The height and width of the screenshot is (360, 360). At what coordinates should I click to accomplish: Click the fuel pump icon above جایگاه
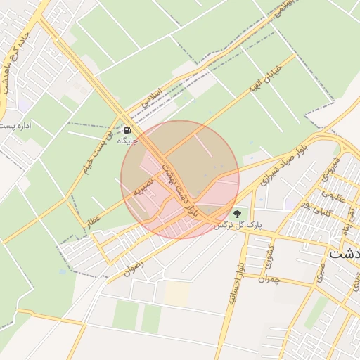[127, 130]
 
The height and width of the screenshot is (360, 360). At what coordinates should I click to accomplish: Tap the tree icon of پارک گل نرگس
[237, 213]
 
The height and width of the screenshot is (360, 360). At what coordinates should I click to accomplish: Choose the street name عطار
[94, 220]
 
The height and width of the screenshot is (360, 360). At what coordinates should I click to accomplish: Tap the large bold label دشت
[345, 253]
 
